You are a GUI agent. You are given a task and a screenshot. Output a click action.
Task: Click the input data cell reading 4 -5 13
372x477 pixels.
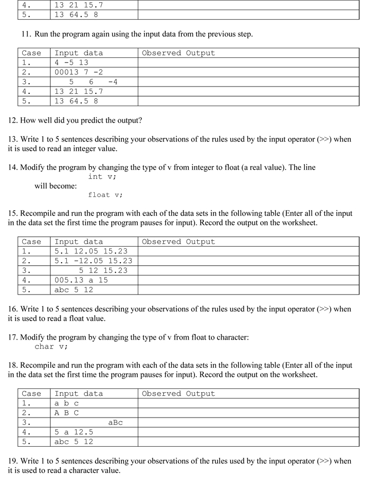[x=72, y=63]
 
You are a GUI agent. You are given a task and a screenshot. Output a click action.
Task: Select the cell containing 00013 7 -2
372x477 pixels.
[x=78, y=72]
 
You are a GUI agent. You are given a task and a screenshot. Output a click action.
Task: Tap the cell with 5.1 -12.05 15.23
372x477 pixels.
[x=93, y=261]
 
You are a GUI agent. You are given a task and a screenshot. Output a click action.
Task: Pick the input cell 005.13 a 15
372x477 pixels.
[x=81, y=280]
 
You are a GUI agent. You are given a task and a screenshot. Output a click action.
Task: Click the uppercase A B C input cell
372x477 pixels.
[x=67, y=413]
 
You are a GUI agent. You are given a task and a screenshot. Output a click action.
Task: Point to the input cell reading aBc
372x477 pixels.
[x=115, y=422]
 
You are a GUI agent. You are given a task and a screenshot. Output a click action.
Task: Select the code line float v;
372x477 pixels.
[x=105, y=195]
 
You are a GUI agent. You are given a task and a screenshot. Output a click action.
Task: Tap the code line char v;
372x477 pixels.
[x=51, y=346]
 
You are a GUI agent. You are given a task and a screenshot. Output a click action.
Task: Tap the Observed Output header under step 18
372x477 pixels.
[x=178, y=394]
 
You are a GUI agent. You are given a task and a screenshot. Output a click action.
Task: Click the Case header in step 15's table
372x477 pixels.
[x=31, y=241]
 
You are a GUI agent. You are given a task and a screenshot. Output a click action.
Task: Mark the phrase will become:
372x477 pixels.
[x=56, y=186]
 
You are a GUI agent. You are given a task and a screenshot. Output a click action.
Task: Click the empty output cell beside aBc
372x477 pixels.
[x=248, y=422]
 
